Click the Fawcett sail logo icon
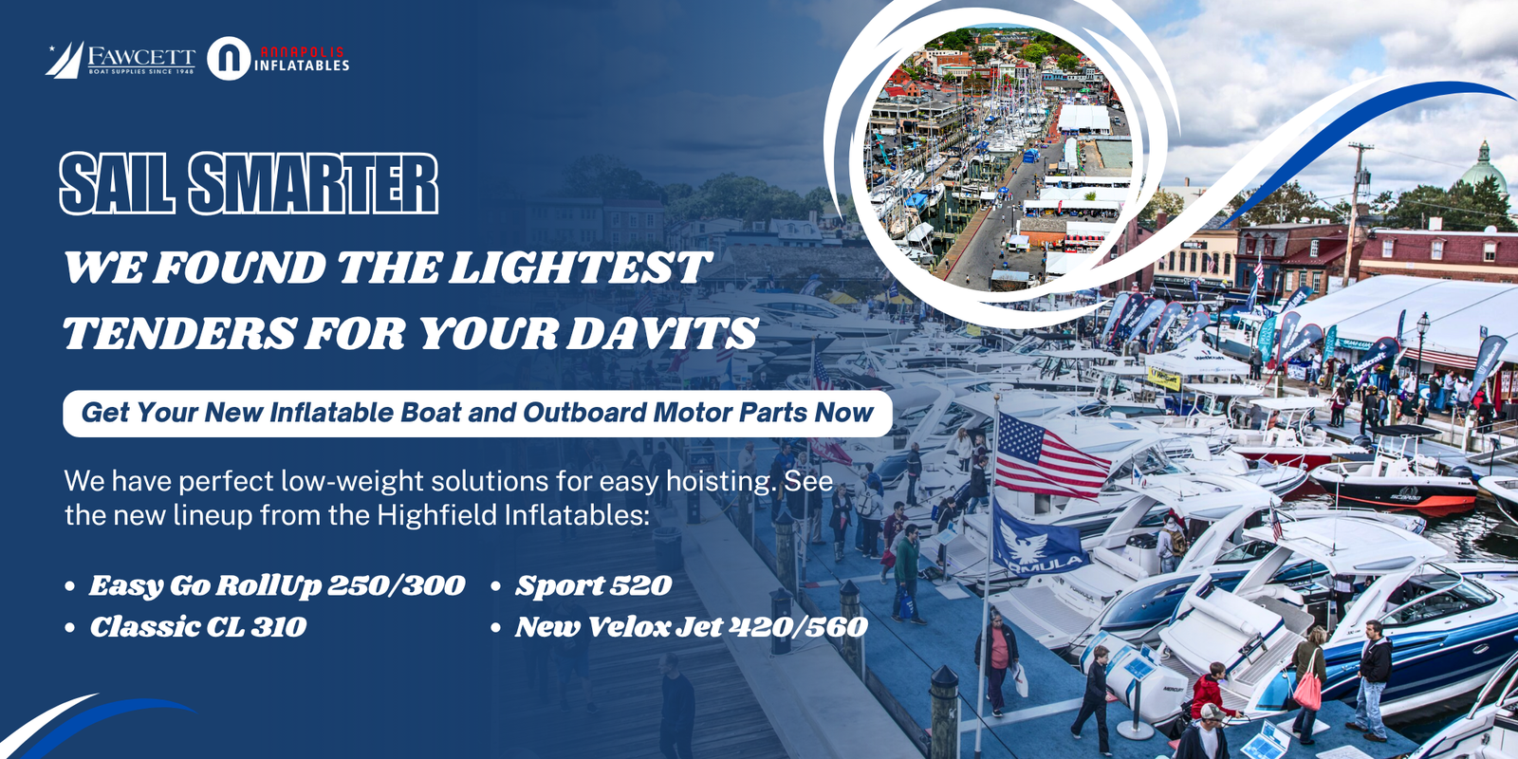(x=65, y=60)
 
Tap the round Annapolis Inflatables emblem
(x=229, y=58)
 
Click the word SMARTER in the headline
(x=314, y=184)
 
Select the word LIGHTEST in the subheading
(x=580, y=268)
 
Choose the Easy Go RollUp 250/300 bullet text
(x=276, y=585)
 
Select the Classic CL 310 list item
(x=198, y=627)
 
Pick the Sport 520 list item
(x=594, y=585)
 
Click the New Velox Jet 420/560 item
(x=692, y=627)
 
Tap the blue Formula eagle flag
(x=1038, y=540)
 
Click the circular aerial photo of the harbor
(x=997, y=157)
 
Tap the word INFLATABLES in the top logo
(x=302, y=65)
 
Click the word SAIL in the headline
(x=117, y=184)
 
